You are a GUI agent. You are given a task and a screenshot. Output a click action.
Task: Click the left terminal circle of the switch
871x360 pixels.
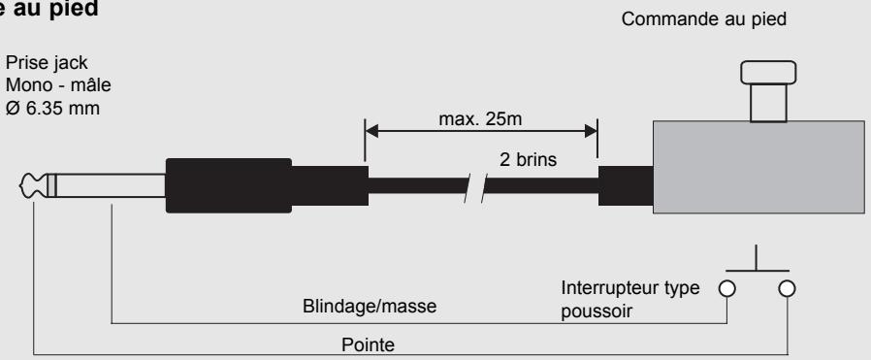click(728, 287)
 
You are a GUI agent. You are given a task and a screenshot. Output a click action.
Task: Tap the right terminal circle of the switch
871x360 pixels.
click(788, 287)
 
